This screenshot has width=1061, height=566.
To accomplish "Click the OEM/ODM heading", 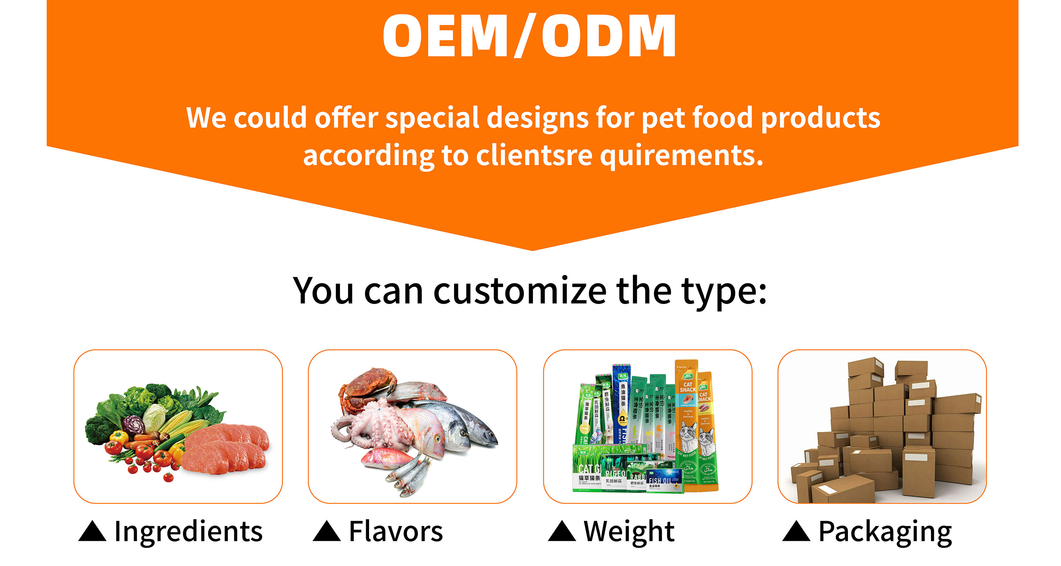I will (x=529, y=36).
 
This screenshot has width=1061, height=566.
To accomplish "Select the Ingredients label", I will (x=188, y=532).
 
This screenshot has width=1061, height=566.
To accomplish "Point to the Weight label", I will (x=629, y=532).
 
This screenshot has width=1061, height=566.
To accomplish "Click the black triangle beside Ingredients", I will (x=92, y=532).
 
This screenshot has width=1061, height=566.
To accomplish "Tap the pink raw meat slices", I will (x=226, y=447).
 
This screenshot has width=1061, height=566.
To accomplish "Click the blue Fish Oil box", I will (x=664, y=481).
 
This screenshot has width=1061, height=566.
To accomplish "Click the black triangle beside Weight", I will (x=562, y=532).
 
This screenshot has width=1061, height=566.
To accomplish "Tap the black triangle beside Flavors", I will (x=327, y=532).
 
